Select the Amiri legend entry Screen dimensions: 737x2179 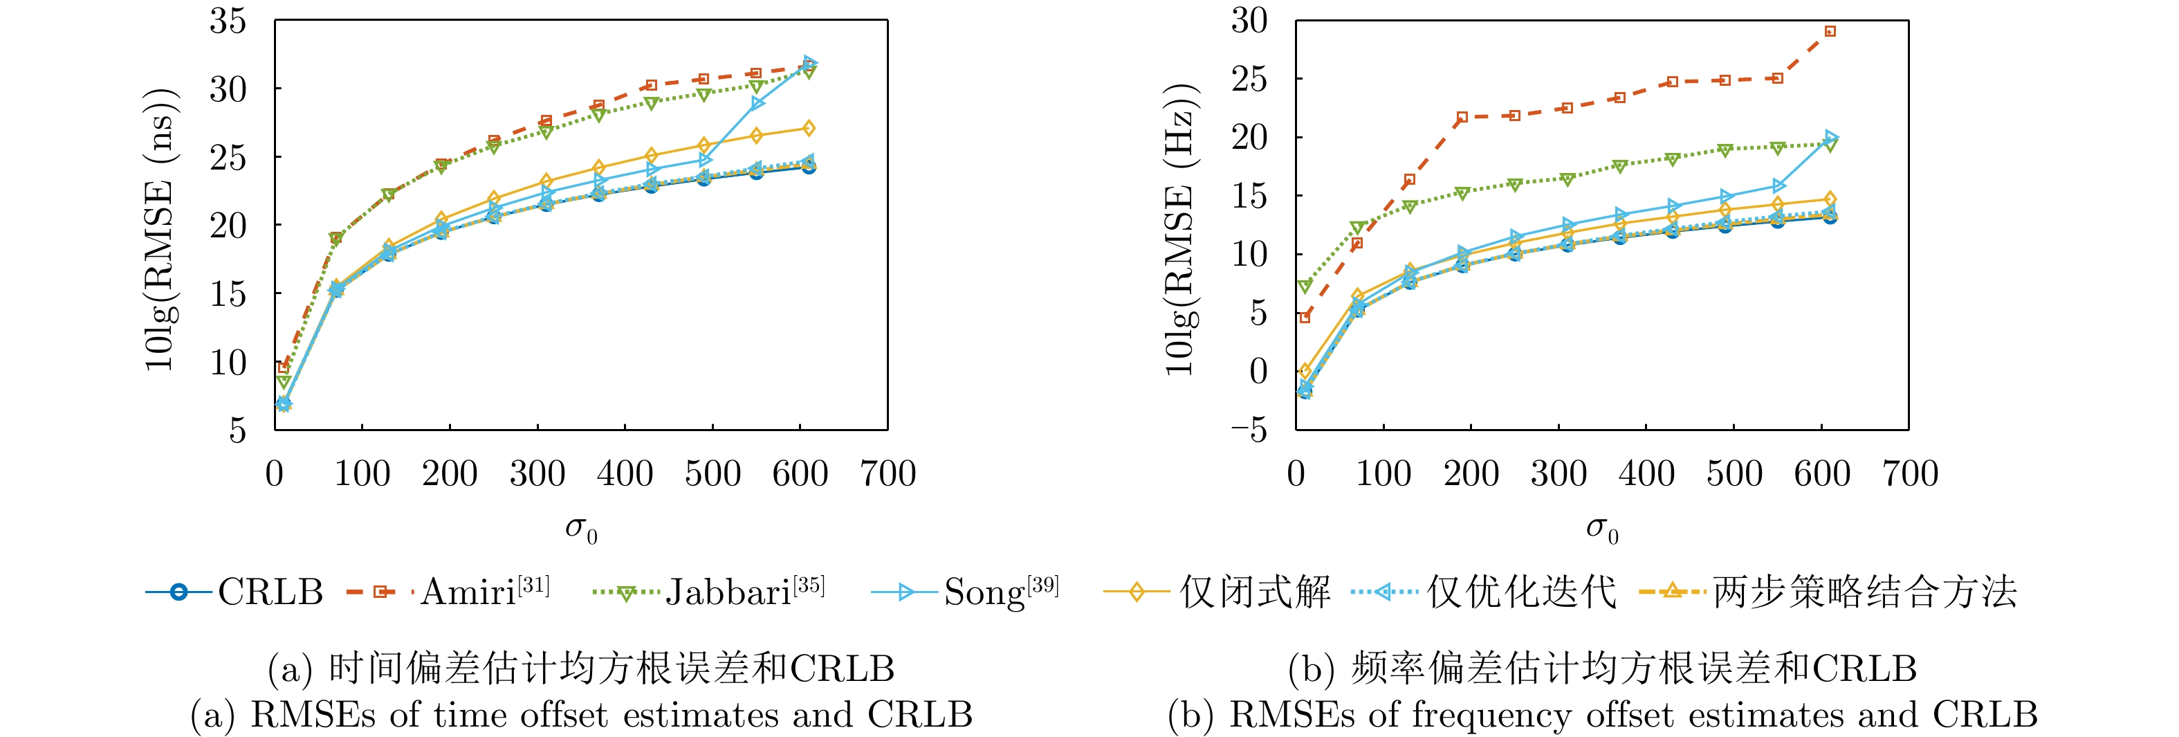click(x=449, y=592)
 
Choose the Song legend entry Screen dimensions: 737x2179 click(x=965, y=592)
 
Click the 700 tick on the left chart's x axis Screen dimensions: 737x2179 click(x=888, y=474)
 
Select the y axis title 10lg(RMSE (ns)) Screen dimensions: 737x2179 click(x=160, y=228)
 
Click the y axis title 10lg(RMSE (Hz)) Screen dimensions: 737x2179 click(x=1181, y=228)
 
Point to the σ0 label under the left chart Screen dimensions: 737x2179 click(x=581, y=529)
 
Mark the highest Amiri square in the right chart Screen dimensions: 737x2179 click(x=1830, y=31)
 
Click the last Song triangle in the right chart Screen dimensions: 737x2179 click(x=1830, y=137)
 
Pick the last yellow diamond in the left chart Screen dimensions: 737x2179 click(x=809, y=129)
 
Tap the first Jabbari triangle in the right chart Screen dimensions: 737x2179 click(x=1305, y=287)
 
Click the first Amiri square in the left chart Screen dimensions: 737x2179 click(x=284, y=367)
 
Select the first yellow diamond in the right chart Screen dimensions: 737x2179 click(x=1305, y=371)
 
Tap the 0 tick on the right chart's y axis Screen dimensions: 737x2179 click(x=1258, y=372)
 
